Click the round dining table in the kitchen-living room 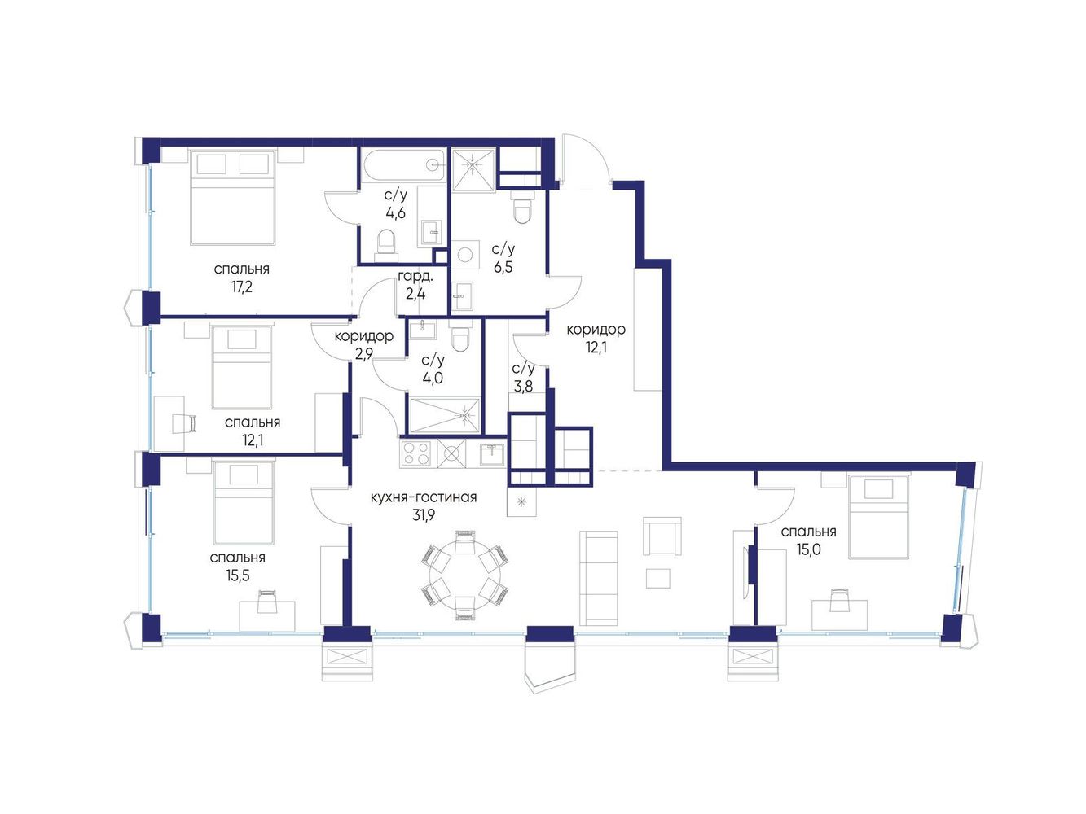464,575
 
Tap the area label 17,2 241,287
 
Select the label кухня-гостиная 424,497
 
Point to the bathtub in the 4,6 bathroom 402,166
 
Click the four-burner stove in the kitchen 416,453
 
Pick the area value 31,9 424,515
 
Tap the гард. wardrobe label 415,276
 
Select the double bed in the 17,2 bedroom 232,198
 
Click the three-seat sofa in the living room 598,578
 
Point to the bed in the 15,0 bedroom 878,517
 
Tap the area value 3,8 523,386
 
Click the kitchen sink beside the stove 492,453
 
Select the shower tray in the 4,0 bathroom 444,415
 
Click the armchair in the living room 662,536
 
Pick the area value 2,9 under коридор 363,354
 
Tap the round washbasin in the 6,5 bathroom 465,255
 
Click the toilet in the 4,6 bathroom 386,245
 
